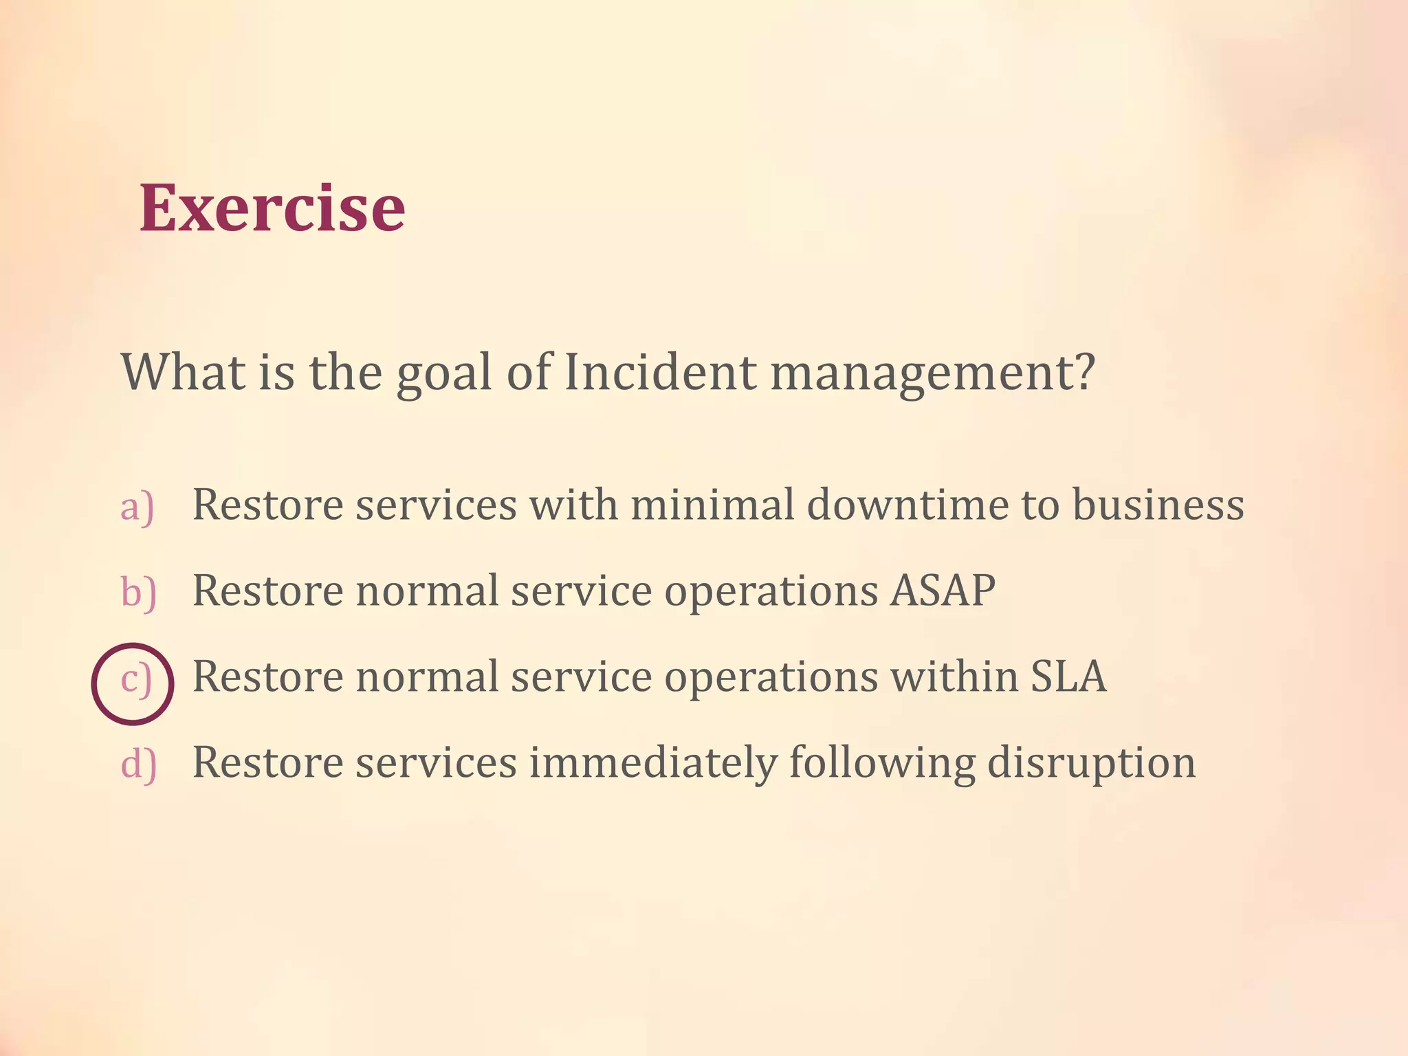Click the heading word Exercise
[x=272, y=208]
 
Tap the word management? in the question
[x=932, y=373]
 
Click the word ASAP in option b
[x=943, y=591]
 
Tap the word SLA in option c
[x=1068, y=676]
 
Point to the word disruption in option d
[x=1091, y=764]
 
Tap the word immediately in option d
[x=652, y=764]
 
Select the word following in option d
[x=881, y=764]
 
